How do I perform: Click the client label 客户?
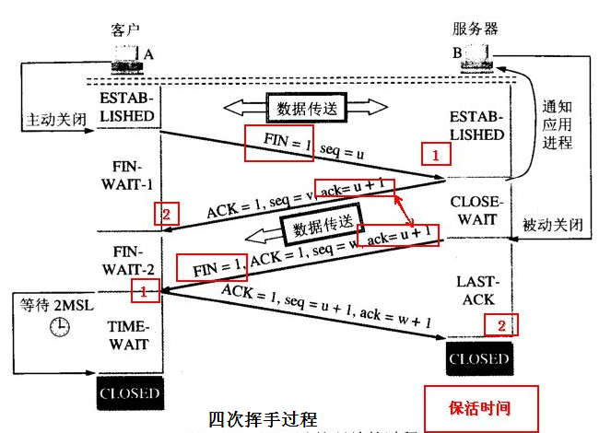tap(125, 29)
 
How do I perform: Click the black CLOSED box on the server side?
tap(477, 358)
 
